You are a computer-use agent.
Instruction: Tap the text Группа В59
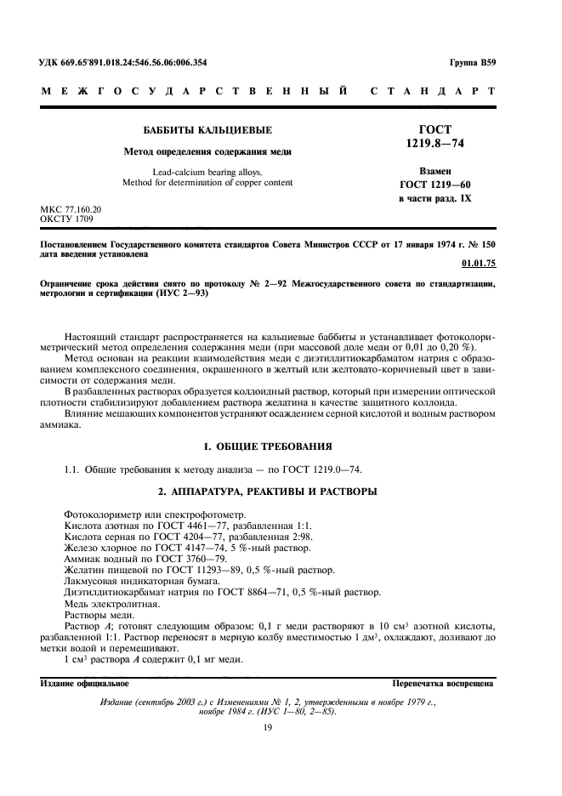[x=472, y=62]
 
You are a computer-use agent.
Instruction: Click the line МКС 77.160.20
[x=71, y=208]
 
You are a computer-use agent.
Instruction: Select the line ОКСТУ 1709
[x=67, y=219]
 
